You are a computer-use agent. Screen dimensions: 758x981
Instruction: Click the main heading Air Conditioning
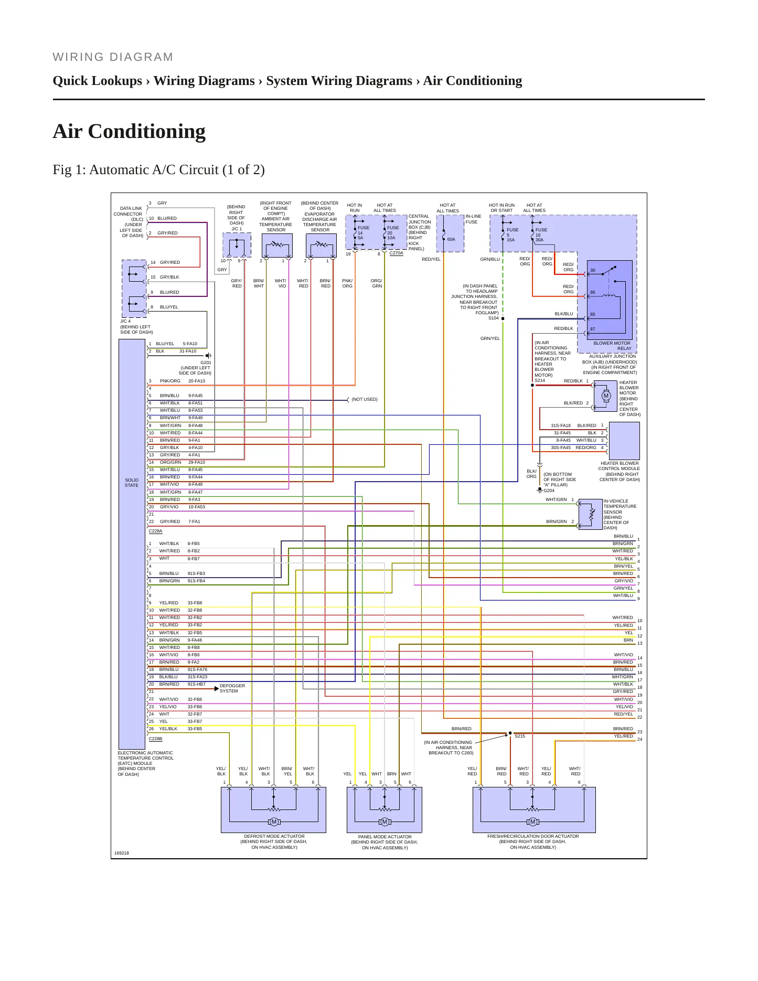click(129, 131)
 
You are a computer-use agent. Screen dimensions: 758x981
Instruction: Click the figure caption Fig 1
click(158, 170)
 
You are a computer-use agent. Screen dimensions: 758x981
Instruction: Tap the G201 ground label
click(206, 362)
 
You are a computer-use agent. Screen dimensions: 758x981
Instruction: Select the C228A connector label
click(155, 531)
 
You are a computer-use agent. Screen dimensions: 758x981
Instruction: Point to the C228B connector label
click(155, 739)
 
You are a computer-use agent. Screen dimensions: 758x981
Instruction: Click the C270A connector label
click(396, 253)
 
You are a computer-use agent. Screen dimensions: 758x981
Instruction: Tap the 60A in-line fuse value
click(451, 239)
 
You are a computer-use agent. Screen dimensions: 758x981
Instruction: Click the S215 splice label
click(520, 736)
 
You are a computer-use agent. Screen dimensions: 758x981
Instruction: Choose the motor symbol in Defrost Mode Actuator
click(274, 822)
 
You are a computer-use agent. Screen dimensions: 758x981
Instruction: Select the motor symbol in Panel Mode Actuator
click(385, 822)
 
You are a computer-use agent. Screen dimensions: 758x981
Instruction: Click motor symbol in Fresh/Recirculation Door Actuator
click(533, 822)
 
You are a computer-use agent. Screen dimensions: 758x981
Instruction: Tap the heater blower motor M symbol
click(606, 396)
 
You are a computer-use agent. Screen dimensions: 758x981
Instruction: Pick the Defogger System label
click(232, 688)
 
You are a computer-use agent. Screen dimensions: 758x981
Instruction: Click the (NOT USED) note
click(365, 399)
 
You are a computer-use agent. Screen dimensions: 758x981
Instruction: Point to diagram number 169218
click(122, 853)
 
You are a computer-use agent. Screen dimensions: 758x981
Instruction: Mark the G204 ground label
click(549, 491)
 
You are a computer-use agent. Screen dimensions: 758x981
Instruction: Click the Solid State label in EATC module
click(132, 483)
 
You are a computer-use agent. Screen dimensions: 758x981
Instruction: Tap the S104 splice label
click(494, 318)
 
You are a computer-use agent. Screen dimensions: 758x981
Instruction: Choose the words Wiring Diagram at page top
click(113, 57)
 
